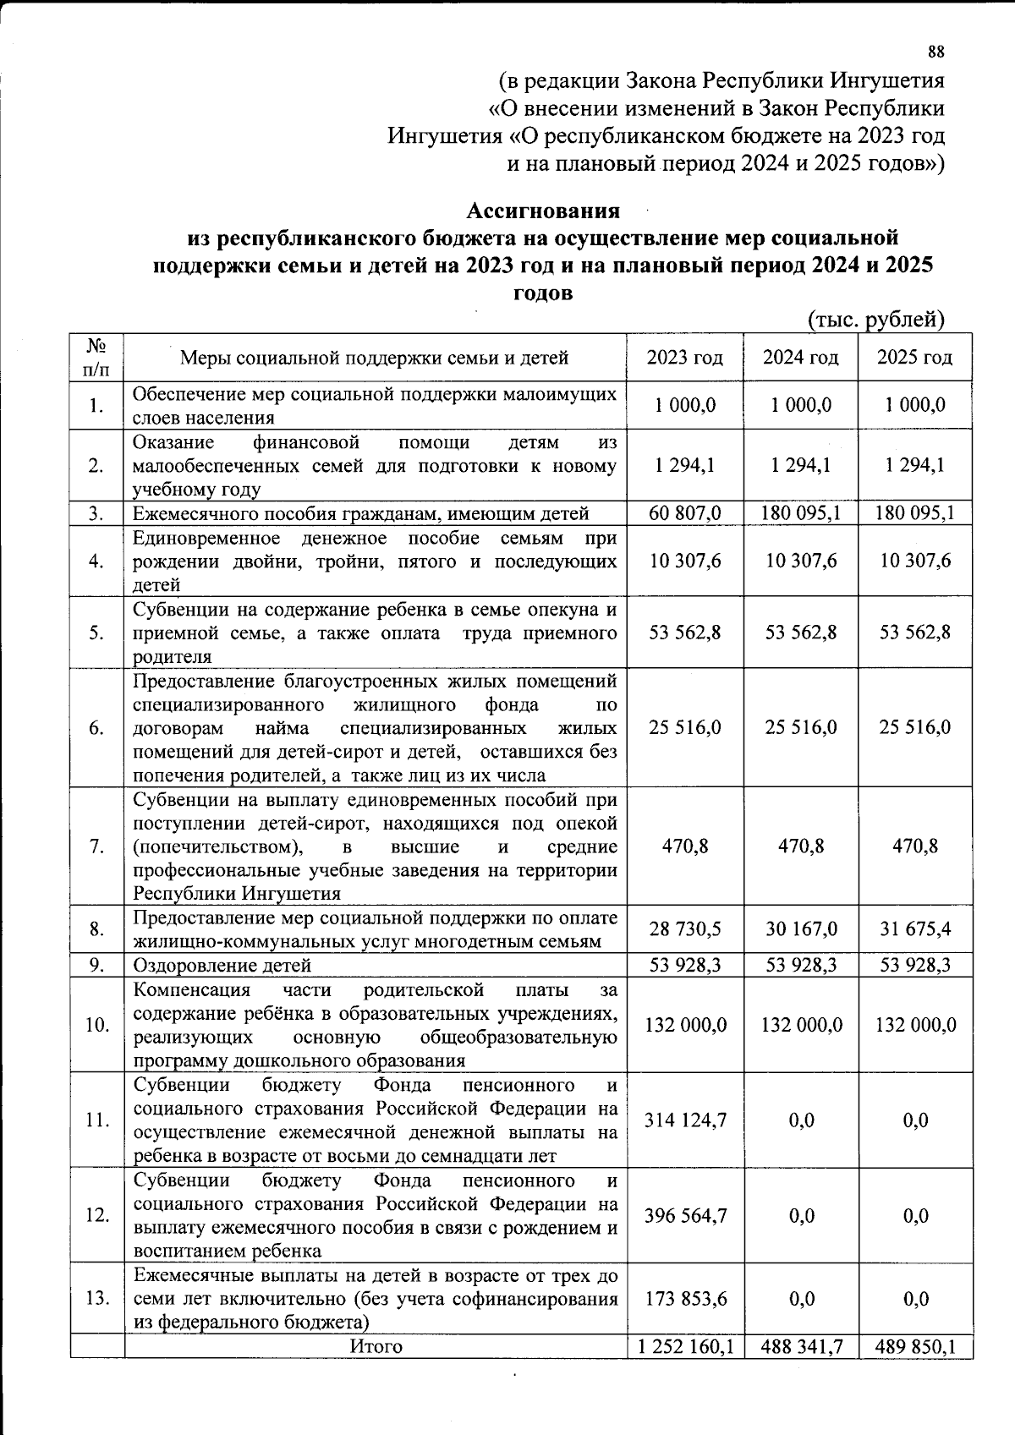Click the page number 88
click(935, 52)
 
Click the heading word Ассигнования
click(544, 210)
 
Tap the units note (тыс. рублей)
click(875, 320)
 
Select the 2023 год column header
click(684, 358)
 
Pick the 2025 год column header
click(914, 358)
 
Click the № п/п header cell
click(96, 358)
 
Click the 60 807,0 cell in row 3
click(684, 513)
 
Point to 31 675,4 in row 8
click(915, 929)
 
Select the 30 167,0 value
click(800, 929)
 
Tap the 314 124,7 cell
click(684, 1120)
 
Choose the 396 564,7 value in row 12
click(684, 1216)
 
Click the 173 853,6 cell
click(684, 1299)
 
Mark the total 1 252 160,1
click(684, 1346)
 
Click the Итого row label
click(376, 1346)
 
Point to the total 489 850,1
click(915, 1346)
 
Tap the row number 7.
click(96, 847)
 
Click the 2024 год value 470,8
click(800, 847)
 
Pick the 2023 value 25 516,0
click(684, 728)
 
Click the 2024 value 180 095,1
click(800, 513)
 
